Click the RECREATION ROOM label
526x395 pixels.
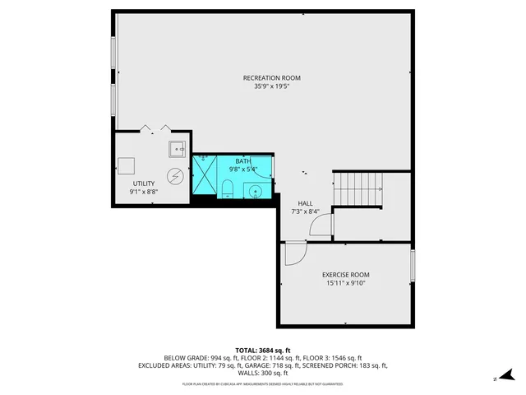click(x=265, y=77)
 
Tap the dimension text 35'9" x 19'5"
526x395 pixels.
click(x=265, y=86)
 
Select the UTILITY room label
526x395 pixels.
click(x=144, y=184)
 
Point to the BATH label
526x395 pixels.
click(x=242, y=161)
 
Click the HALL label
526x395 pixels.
click(x=305, y=203)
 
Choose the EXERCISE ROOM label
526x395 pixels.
click(x=345, y=275)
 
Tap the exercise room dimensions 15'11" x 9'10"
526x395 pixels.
click(x=345, y=283)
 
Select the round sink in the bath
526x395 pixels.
click(x=256, y=192)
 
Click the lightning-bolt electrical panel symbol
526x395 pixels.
click(x=176, y=175)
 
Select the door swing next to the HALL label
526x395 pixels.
click(x=322, y=225)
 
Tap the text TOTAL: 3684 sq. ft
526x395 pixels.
click(x=263, y=350)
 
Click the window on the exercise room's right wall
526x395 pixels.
click(x=413, y=265)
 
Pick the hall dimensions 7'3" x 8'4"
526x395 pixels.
click(x=305, y=211)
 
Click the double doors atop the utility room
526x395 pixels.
click(x=155, y=128)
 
